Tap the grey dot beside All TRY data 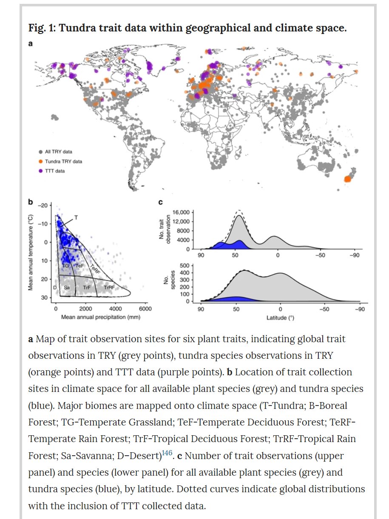[x=40, y=151]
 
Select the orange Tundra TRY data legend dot [x=40, y=162]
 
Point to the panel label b [x=31, y=203]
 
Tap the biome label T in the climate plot [x=76, y=217]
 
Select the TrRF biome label [x=109, y=288]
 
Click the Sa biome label [x=66, y=288]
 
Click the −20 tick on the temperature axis [x=43, y=205]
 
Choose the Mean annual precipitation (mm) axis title [x=101, y=317]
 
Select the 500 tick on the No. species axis [x=185, y=265]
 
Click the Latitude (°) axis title [x=278, y=317]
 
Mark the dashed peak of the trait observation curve [x=239, y=210]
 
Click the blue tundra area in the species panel [x=235, y=298]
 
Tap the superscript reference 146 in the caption [x=167, y=453]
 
